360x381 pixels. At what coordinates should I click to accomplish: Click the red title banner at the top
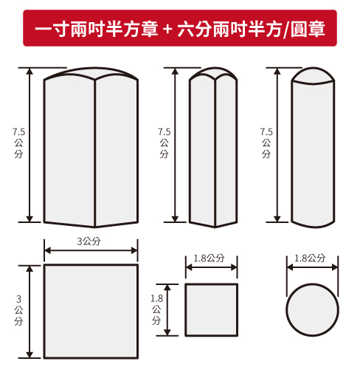point(179,29)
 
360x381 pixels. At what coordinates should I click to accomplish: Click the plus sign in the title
point(168,30)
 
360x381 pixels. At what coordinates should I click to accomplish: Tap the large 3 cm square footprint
point(91,311)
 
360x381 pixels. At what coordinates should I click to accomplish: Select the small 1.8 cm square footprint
point(211,309)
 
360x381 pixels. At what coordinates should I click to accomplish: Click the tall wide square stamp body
point(91,151)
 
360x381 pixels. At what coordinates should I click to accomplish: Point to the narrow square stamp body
point(213,151)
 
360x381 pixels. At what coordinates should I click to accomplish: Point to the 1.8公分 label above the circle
point(310,258)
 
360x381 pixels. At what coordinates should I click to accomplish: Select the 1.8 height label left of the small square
point(156,309)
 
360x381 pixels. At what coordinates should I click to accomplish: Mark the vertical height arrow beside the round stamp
point(280,145)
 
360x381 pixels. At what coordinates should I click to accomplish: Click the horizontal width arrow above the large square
point(91,250)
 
